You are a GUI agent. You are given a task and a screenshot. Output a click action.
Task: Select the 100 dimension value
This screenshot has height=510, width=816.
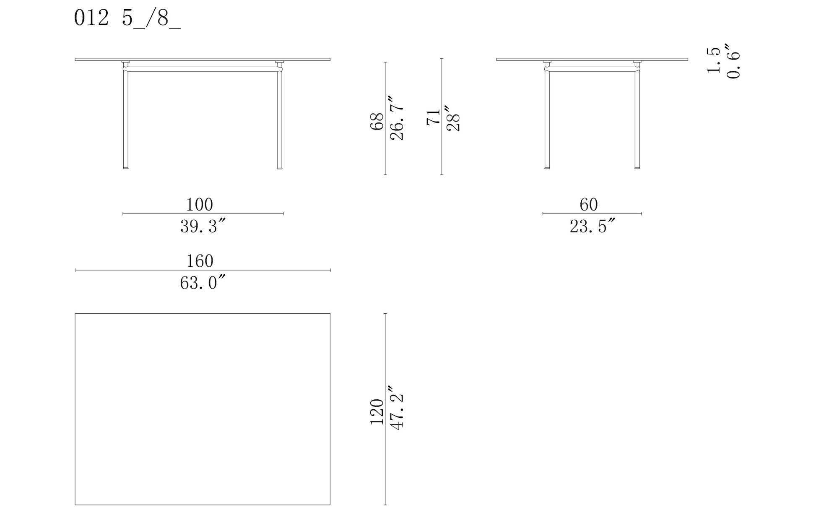point(200,205)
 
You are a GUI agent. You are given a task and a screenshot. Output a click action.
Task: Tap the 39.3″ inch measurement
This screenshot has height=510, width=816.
point(203,226)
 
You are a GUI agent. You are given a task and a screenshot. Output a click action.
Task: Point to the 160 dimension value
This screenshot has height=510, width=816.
point(200,261)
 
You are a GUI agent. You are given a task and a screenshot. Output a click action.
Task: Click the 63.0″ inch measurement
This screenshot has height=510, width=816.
point(203,283)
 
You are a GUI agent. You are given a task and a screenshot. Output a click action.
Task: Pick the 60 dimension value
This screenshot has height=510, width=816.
point(589,205)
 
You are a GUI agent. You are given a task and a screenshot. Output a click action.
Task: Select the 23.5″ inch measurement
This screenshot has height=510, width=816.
point(592,226)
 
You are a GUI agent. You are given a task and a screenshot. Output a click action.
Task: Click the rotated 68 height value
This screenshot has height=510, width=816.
point(377,122)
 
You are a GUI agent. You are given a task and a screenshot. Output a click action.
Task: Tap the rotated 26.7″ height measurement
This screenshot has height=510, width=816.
point(397,118)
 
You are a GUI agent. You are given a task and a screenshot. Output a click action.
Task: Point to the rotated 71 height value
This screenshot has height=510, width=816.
point(434,117)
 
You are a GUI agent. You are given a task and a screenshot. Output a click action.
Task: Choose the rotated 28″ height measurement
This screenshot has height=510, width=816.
point(453,117)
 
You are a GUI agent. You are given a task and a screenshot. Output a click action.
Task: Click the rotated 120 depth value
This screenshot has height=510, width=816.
point(377,412)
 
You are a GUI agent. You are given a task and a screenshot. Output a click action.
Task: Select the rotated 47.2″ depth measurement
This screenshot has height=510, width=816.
point(397,407)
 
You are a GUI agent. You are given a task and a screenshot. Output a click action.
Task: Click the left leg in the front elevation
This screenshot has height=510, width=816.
point(125,119)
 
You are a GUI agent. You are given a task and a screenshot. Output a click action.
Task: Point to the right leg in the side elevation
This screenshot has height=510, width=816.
point(637,119)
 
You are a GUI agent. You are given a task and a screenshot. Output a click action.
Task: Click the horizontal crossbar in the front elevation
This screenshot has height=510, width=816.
point(203,69)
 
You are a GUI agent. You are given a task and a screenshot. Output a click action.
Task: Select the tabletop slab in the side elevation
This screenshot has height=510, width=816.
point(592,60)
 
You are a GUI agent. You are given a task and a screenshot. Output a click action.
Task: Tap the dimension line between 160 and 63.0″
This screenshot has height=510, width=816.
point(203,270)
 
